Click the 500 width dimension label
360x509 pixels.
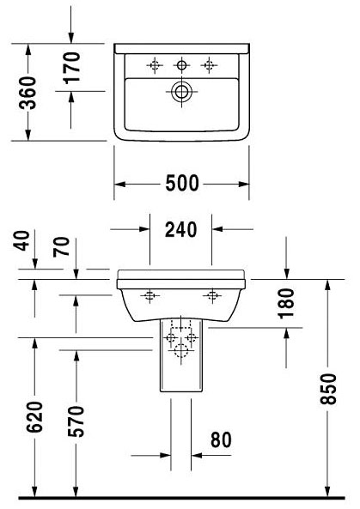pos(181,183)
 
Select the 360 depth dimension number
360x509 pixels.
pos(27,92)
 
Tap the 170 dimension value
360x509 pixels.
pos(71,68)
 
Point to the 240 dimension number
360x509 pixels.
pos(180,229)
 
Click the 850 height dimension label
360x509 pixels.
pos(327,389)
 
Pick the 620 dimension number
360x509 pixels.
pos(34,417)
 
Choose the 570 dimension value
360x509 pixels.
pos(76,421)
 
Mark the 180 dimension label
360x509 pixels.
pos(286,303)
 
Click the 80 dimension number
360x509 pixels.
pos(222,440)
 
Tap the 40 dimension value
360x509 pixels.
pos(21,240)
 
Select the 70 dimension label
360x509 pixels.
pos(61,247)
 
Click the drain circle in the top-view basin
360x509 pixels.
pos(181,91)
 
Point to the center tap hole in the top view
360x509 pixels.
pos(181,65)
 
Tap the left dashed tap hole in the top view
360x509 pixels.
pos(155,65)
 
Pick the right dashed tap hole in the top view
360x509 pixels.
pos(209,65)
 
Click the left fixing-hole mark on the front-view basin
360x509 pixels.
pos(149,295)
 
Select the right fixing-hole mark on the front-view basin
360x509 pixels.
pos(212,295)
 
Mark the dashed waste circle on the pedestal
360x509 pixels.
pos(181,350)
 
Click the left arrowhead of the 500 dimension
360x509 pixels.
pos(120,184)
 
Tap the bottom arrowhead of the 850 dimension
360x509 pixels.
pos(327,491)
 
